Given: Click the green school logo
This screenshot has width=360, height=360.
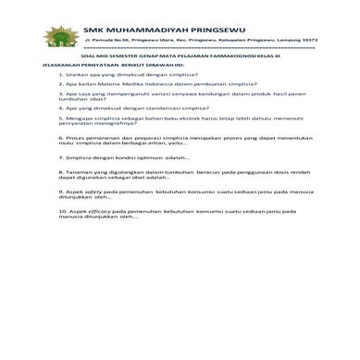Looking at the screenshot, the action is pos(58,37).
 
